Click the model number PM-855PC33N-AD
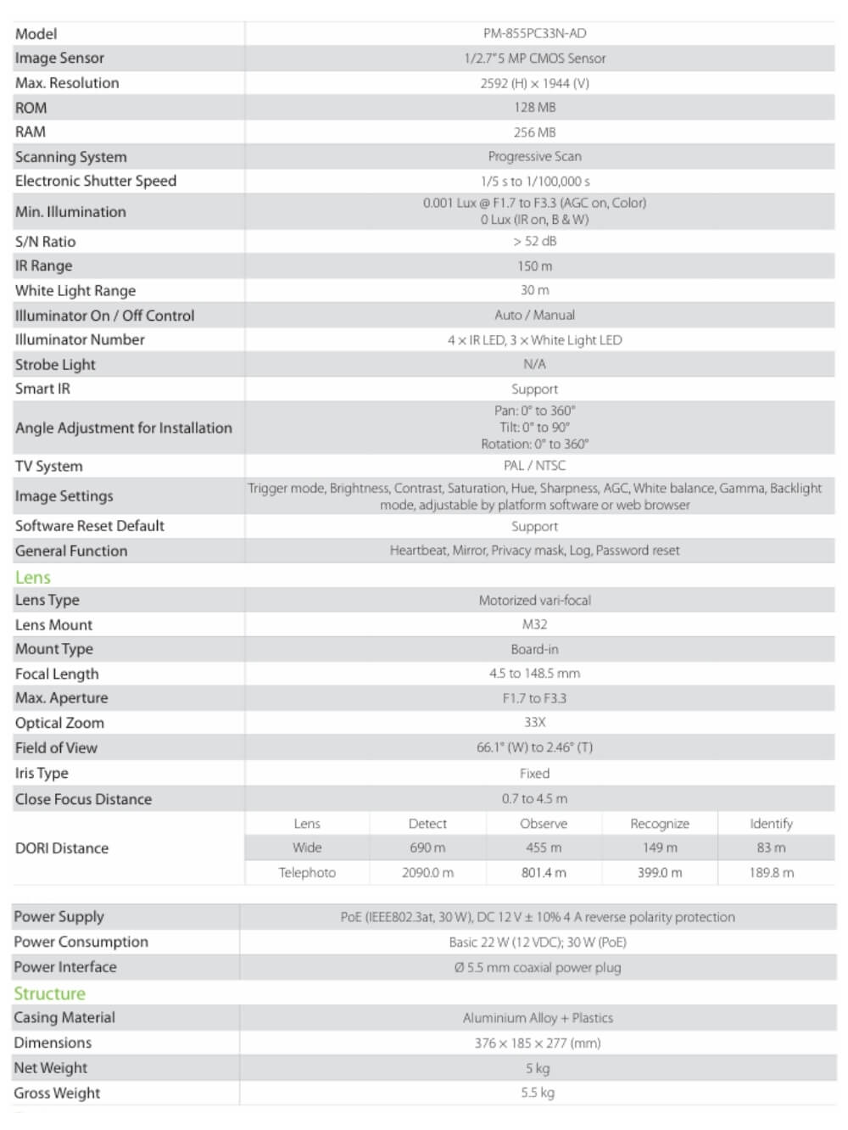(x=534, y=34)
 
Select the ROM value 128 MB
(x=534, y=108)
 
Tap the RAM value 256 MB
(x=534, y=132)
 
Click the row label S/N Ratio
(x=45, y=242)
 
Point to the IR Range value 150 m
(x=534, y=266)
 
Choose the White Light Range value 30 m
(x=534, y=290)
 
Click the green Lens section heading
(x=33, y=578)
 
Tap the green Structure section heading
(x=49, y=993)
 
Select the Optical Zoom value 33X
(x=534, y=723)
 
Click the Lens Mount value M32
(x=534, y=624)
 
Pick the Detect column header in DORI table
(x=427, y=824)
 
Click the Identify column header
(x=771, y=824)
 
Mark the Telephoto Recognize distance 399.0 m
(x=659, y=873)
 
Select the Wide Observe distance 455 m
(x=544, y=847)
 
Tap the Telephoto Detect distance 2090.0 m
(x=427, y=873)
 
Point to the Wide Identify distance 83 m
(x=771, y=847)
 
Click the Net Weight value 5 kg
(x=538, y=1068)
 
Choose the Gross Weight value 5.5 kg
(x=538, y=1093)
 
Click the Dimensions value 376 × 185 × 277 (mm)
(x=538, y=1043)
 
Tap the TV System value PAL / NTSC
(x=534, y=466)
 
